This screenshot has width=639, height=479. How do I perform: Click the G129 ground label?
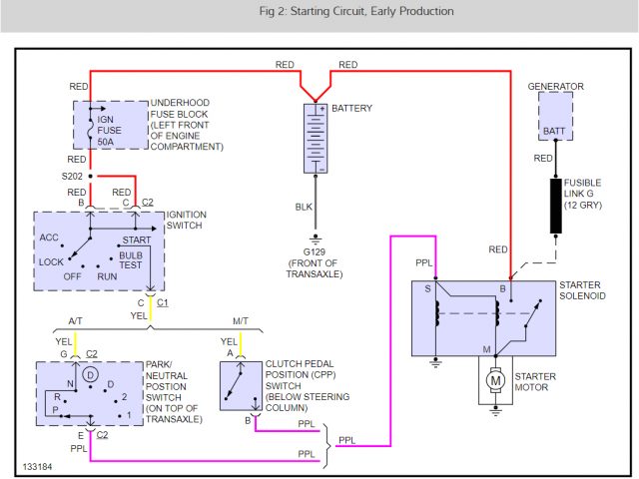[316, 251]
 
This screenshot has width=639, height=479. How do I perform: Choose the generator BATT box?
[556, 116]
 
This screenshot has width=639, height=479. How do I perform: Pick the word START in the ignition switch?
[136, 240]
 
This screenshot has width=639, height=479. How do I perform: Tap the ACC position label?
[50, 238]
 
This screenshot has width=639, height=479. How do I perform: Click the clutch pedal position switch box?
[238, 384]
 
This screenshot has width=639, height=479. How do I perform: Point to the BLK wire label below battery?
[304, 208]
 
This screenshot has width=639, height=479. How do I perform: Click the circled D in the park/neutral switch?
[91, 373]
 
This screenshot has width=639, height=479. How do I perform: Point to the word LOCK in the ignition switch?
[50, 260]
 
